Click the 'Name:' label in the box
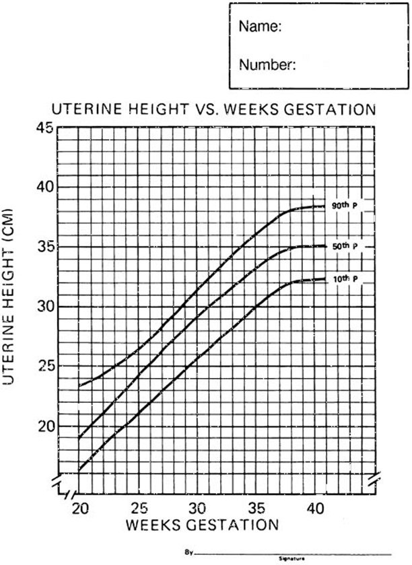(259, 28)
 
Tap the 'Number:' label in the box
(267, 65)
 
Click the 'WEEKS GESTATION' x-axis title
(197, 523)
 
